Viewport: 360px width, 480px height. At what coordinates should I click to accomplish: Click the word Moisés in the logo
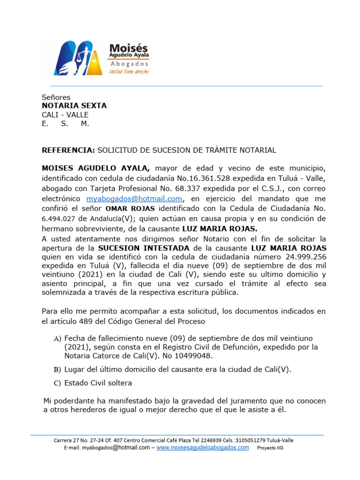(128, 48)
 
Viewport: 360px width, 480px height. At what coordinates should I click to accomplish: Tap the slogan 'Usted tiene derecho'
(128, 72)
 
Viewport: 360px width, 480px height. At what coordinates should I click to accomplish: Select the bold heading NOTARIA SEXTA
(74, 106)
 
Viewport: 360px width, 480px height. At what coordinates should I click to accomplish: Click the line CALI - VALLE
(65, 115)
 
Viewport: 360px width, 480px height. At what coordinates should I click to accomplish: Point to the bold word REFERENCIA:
(68, 150)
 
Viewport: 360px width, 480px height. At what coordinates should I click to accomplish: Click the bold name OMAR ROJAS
(133, 209)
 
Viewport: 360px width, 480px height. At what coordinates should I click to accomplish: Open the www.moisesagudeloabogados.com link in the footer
(202, 448)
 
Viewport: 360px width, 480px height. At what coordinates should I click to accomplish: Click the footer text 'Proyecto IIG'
(270, 448)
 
